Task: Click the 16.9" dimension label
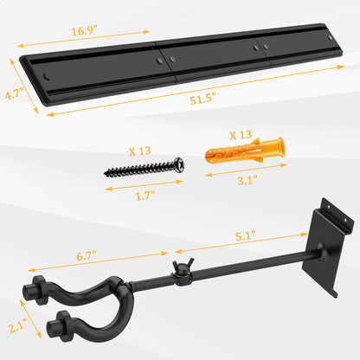point(85,30)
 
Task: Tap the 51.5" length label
point(203,99)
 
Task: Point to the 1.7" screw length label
point(145,196)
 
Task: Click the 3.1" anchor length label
point(247,180)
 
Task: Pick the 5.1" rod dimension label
point(246,235)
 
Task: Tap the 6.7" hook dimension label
point(87,256)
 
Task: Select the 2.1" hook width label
point(17,325)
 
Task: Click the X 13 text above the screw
point(139,151)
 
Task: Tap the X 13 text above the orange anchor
point(241,135)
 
